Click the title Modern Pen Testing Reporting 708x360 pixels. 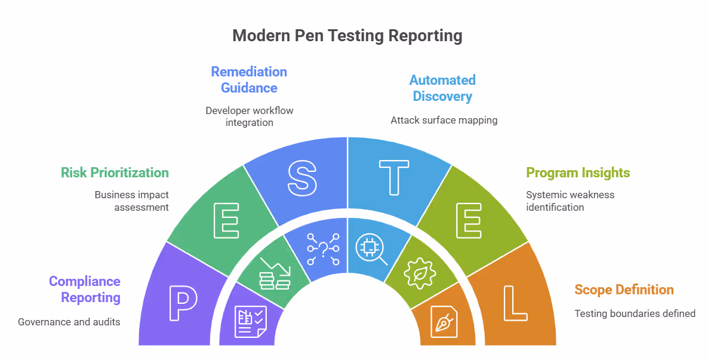[347, 36]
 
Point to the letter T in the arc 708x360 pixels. [393, 177]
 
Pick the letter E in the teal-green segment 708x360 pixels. [227, 220]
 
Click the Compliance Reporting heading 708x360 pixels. [85, 289]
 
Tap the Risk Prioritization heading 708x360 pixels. [115, 173]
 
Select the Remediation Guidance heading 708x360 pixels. [249, 79]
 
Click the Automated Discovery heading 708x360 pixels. [442, 88]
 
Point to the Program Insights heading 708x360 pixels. [578, 173]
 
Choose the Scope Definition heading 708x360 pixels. [624, 290]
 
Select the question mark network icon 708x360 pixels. [323, 249]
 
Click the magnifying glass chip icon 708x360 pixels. [371, 250]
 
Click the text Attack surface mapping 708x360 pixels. [444, 120]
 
